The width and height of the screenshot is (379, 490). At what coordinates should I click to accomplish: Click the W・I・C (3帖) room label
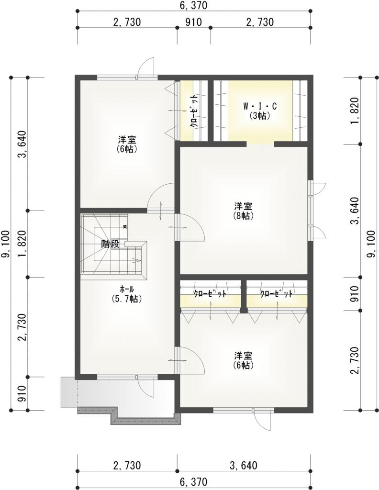point(260,111)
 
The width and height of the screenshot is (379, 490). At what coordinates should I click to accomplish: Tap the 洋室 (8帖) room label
point(243,211)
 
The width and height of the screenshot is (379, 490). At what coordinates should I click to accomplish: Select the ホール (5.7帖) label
point(127,294)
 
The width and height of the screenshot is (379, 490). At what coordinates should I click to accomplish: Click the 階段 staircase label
point(110,244)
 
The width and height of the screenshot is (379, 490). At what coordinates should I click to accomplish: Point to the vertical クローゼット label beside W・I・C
point(194,111)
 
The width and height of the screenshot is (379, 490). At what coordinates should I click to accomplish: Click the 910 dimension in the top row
point(194,22)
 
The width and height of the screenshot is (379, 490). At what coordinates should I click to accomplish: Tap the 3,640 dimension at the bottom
point(244,465)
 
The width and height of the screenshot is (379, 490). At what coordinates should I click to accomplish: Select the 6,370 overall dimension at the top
point(193,5)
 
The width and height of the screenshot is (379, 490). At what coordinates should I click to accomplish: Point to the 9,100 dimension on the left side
point(6,244)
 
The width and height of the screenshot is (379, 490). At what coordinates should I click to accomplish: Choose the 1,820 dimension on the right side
point(355,111)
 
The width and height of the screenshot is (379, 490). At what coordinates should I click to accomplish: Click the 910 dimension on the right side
point(355,294)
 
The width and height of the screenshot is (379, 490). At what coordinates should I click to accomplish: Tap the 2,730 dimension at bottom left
point(127,465)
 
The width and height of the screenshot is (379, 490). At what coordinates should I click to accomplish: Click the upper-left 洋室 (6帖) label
point(127,144)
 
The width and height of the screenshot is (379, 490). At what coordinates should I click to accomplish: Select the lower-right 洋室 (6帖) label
point(243,360)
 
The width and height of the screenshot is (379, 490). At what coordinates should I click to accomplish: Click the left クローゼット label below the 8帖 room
point(210,294)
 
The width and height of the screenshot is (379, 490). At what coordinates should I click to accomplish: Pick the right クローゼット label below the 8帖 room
point(277,294)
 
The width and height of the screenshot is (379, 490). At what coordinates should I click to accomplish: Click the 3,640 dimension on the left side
point(22,144)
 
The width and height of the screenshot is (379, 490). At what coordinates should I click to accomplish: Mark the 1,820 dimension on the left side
point(22,244)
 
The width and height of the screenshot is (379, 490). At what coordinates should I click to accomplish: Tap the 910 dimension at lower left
point(22,393)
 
